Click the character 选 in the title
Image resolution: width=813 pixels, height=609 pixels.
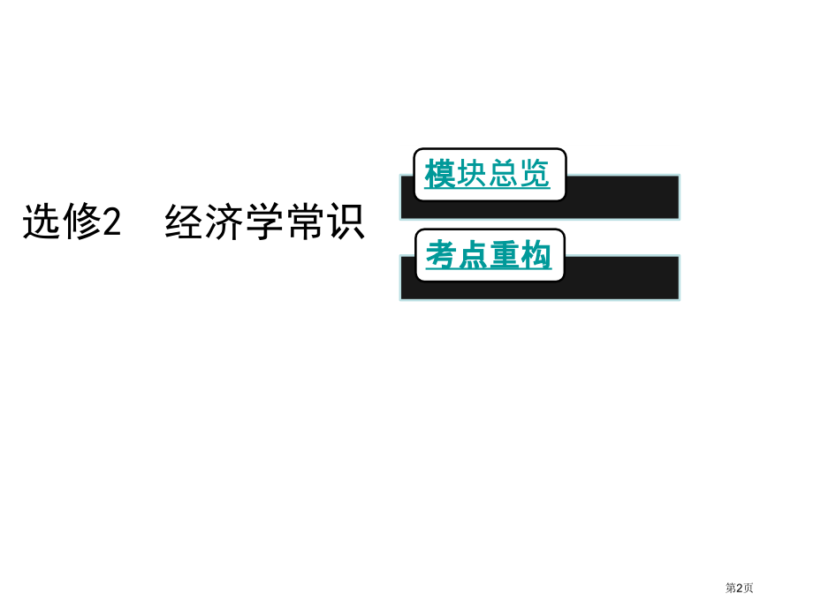click(42, 222)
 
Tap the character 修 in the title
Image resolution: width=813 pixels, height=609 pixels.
click(81, 222)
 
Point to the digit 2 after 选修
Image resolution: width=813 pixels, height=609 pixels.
click(112, 222)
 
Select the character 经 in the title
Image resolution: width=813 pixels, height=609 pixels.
click(184, 222)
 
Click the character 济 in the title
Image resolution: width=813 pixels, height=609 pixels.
click(224, 222)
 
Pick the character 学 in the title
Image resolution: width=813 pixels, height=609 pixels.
click(264, 222)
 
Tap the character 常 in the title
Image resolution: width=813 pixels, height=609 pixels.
click(305, 222)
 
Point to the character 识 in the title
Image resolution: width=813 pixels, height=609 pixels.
click(346, 222)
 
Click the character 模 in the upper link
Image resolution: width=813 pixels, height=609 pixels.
click(440, 173)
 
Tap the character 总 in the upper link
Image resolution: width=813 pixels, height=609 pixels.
click(503, 173)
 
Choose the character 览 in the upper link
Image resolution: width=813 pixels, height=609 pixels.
click(535, 173)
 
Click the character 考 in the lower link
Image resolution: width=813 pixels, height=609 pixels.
click(442, 255)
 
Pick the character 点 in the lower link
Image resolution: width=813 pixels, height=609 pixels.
click(474, 255)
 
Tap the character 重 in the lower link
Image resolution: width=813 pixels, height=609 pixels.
click(505, 255)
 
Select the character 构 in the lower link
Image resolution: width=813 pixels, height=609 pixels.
click(536, 255)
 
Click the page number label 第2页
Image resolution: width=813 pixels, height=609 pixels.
click(739, 588)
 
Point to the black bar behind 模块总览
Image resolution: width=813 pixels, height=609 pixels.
click(622, 198)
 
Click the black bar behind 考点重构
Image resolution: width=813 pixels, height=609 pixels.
click(622, 277)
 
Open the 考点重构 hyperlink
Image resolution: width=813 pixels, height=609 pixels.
click(489, 255)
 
